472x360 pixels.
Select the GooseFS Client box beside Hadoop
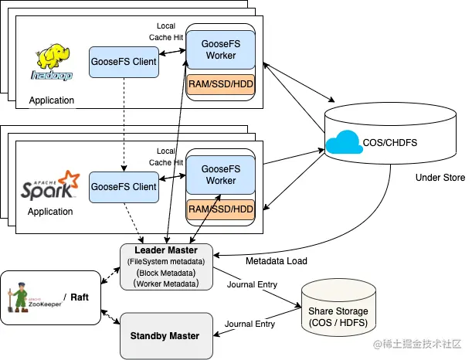click(124, 61)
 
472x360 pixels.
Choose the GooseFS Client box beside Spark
click(124, 187)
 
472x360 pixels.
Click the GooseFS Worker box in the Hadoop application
click(220, 50)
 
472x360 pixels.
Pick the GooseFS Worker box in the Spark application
click(220, 175)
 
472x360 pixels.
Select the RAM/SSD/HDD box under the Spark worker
click(221, 209)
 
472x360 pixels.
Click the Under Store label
click(440, 178)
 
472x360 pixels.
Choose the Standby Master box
click(165, 336)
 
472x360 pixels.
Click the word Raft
click(85, 296)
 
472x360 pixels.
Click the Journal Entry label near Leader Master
click(252, 284)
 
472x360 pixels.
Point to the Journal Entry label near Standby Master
click(252, 324)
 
